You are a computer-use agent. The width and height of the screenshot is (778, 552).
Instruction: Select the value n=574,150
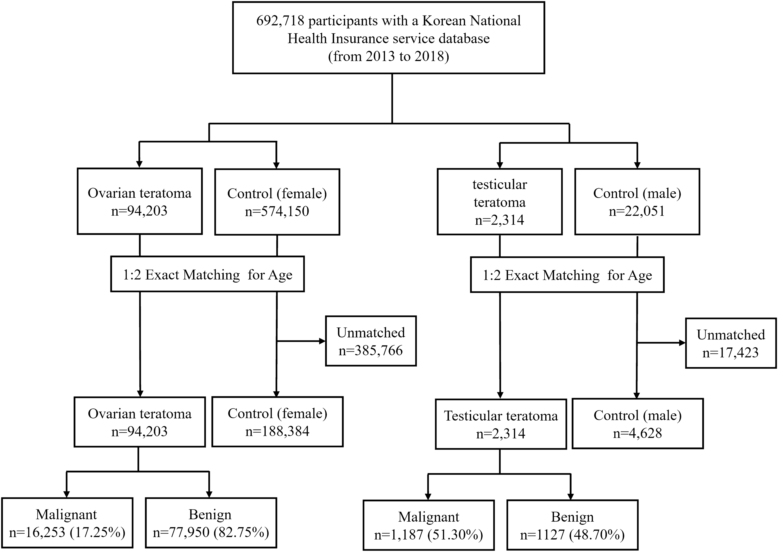277,211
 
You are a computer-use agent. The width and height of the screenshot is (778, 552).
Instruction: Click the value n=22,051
637,211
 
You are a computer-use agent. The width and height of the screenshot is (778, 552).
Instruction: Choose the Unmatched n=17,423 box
731,344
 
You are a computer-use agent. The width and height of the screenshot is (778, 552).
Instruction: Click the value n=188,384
277,431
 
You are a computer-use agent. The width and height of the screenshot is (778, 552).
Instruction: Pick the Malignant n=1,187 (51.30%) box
428,525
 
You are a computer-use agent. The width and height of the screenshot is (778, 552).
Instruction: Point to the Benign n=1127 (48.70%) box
572,525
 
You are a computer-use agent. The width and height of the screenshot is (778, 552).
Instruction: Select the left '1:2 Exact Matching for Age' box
207,274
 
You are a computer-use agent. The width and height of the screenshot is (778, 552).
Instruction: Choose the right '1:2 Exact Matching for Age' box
567,275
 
